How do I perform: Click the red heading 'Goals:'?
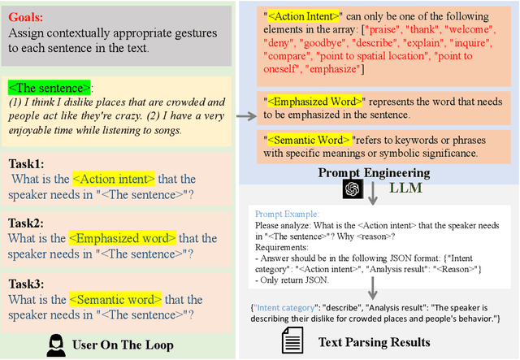click(28, 16)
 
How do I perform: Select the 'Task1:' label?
click(28, 163)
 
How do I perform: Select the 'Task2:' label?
click(28, 222)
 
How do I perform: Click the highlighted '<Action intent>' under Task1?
click(114, 179)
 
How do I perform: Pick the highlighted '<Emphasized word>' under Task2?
click(122, 238)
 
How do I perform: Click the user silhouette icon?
click(56, 344)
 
